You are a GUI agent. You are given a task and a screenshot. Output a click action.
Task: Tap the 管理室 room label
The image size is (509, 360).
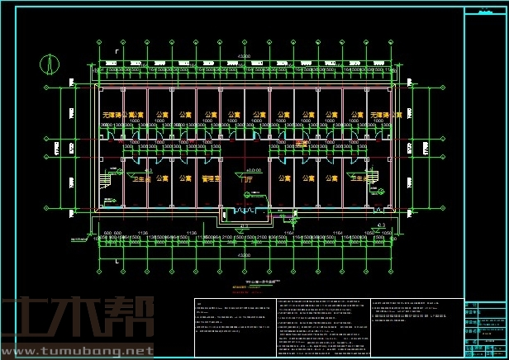[209, 178]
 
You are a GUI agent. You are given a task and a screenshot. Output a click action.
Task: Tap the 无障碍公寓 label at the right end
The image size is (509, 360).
[386, 115]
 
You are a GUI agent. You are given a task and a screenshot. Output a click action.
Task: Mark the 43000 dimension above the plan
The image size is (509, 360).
[245, 55]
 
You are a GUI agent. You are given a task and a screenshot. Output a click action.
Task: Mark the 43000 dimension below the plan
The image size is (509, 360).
[245, 256]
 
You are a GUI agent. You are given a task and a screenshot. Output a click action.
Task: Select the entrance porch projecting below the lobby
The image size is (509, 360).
[245, 212]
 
